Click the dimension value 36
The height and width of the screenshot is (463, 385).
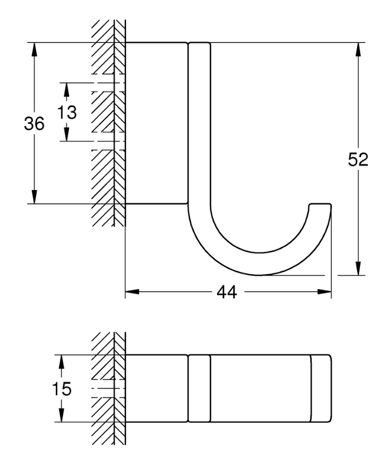tap(34, 123)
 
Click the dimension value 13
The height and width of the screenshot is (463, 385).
tap(67, 112)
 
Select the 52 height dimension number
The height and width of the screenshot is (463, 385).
tap(358, 159)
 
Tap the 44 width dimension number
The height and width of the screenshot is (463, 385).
tap(227, 293)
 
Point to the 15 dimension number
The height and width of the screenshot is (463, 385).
tap(61, 388)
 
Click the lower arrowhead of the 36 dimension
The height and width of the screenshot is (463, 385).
tap(34, 197)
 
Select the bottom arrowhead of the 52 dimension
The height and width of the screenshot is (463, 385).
tap(358, 269)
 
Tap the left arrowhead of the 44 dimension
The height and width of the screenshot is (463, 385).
tap(132, 292)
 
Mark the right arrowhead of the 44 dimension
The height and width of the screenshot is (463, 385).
tap(324, 292)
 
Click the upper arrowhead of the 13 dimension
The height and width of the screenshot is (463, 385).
tap(66, 90)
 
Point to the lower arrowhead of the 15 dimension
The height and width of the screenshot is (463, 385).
tap(61, 415)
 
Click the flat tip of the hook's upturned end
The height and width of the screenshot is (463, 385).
tap(320, 204)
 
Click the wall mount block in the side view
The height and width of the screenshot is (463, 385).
tap(156, 123)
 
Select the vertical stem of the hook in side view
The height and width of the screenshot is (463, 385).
tap(200, 124)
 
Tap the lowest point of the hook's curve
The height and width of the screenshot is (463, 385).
tap(259, 275)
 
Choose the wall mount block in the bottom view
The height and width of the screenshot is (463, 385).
tap(156, 388)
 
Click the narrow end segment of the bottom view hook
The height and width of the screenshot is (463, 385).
tap(321, 388)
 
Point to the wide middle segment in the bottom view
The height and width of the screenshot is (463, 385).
tap(261, 388)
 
